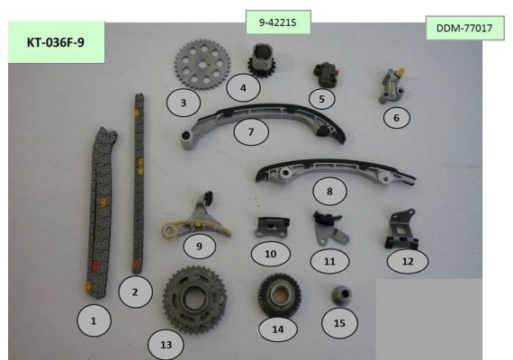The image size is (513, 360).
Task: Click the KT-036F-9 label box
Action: coord(57,42)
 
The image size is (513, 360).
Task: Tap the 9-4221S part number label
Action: coord(278,22)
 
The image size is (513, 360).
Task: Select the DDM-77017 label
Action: coord(464,28)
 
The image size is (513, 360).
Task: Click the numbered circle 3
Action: coord(184,103)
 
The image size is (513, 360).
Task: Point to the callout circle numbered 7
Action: coord(251,131)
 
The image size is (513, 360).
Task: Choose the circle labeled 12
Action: coord(408,261)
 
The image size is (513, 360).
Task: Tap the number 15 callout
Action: coord(339,323)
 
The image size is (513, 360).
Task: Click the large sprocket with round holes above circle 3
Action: coord(202,65)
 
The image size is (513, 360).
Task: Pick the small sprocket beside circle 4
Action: coord(262,61)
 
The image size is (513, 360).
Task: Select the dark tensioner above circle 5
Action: coord(326,75)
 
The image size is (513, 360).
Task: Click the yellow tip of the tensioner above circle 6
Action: coord(400,70)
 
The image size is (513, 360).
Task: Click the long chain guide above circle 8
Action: coord(336,172)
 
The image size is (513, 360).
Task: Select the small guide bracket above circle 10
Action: coord(272,227)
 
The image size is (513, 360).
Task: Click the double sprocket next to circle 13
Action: coord(195,300)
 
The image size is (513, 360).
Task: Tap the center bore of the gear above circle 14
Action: coord(279,294)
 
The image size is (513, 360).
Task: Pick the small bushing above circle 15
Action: coord(342,294)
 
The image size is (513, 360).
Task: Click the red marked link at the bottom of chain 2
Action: coord(134,264)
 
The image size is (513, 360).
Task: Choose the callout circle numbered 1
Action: coord(94,320)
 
